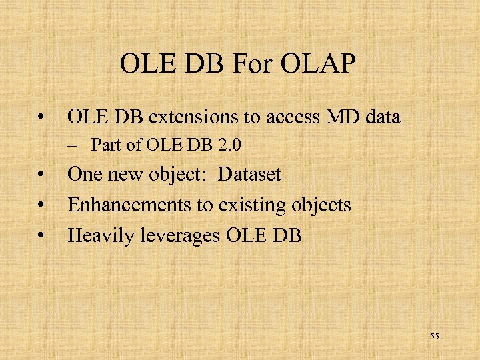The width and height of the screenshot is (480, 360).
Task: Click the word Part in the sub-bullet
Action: click(103, 144)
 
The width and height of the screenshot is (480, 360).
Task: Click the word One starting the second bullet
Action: click(85, 175)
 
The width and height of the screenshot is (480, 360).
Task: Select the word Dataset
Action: click(249, 175)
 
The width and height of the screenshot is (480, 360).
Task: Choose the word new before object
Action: click(125, 175)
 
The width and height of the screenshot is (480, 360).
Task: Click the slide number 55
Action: click(434, 337)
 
